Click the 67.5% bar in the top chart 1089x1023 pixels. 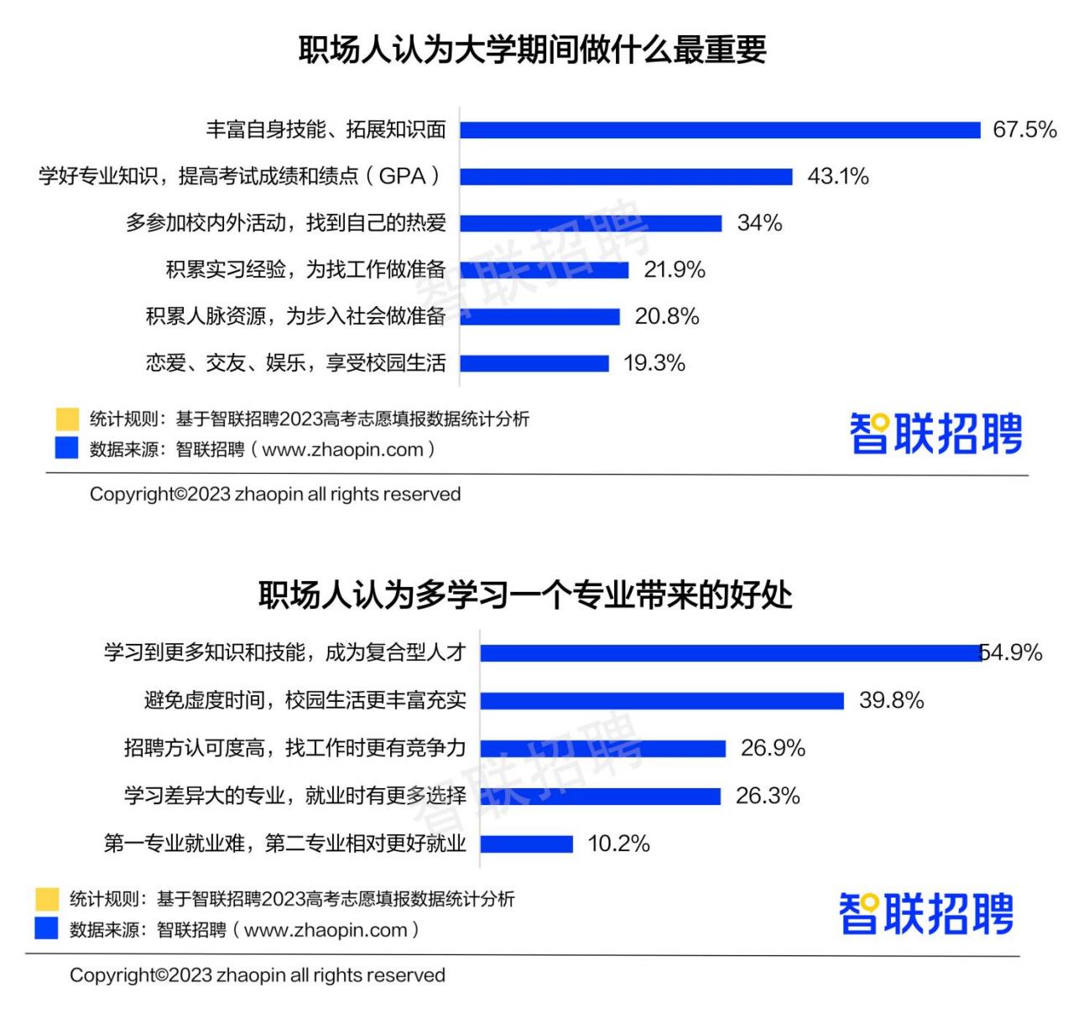[x=720, y=130]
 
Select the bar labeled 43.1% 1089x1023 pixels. [x=626, y=177]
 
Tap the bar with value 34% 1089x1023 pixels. [x=591, y=223]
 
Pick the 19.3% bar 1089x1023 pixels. [x=534, y=363]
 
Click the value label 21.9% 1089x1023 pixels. [x=675, y=270]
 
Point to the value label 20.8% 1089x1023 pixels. [x=667, y=316]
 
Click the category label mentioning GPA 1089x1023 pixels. [x=240, y=176]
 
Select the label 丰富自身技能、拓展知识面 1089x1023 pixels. [x=326, y=130]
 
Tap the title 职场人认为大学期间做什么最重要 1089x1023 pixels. [x=533, y=50]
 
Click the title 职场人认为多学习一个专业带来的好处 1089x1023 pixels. [x=525, y=595]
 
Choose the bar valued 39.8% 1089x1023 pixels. [x=662, y=701]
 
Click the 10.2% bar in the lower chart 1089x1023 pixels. [x=527, y=844]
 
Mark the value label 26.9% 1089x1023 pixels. [x=773, y=748]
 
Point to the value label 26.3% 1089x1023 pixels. [x=768, y=796]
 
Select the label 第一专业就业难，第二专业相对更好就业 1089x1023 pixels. [x=284, y=844]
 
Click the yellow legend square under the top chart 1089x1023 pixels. [x=66, y=418]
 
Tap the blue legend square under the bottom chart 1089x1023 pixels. [x=47, y=929]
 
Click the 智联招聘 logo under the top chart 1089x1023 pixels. [x=935, y=433]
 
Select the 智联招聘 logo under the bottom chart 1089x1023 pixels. [x=926, y=913]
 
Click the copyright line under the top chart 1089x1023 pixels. [x=275, y=495]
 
